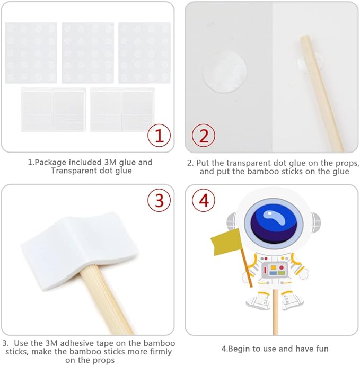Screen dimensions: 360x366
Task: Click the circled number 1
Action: click(159, 136)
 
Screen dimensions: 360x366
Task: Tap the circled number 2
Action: click(204, 136)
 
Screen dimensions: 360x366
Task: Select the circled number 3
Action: click(159, 200)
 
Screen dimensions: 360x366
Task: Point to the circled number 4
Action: click(204, 200)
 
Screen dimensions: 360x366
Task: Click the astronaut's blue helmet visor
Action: click(274, 224)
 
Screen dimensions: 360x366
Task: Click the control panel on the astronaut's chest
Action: click(274, 270)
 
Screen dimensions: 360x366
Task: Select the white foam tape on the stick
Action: click(79, 251)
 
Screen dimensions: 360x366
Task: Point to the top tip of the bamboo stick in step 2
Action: click(304, 37)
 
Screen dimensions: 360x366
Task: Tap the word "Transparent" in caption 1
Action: click(74, 171)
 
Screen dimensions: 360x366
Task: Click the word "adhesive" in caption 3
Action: click(78, 343)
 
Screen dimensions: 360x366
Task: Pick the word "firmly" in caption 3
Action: click(160, 352)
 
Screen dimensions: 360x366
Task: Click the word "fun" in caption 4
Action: click(322, 349)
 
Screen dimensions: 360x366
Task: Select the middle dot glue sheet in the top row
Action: click(88, 53)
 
